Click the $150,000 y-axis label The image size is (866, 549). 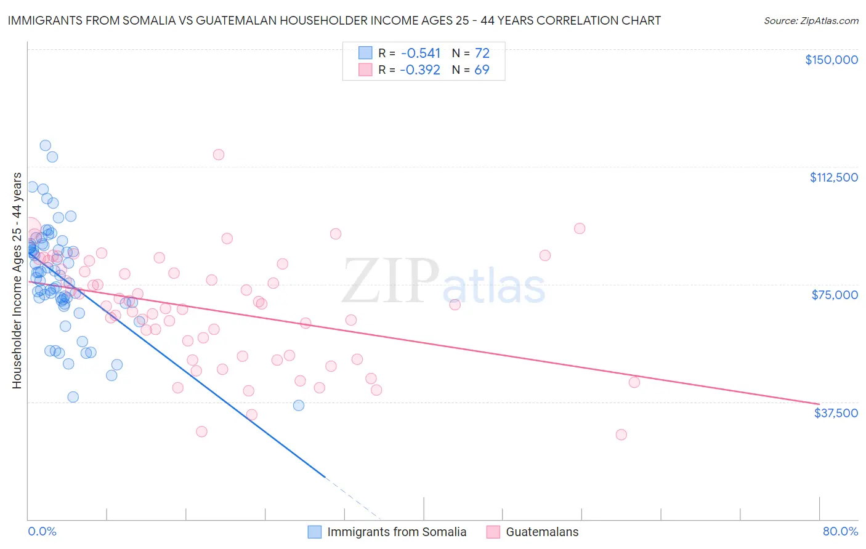pyautogui.click(x=831, y=60)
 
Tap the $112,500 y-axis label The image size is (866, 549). pyautogui.click(x=833, y=177)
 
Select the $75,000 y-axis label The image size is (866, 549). pyautogui.click(x=835, y=295)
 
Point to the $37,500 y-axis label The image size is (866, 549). pyautogui.click(x=836, y=413)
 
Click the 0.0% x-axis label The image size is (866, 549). pyautogui.click(x=42, y=531)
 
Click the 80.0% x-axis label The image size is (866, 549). pyautogui.click(x=840, y=531)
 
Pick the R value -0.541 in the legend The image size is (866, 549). pyautogui.click(x=420, y=54)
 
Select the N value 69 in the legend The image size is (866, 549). pyautogui.click(x=482, y=70)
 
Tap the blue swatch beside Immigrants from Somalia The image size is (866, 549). pyautogui.click(x=315, y=532)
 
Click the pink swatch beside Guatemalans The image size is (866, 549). pyautogui.click(x=493, y=532)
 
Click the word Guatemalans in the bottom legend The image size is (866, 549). pyautogui.click(x=542, y=532)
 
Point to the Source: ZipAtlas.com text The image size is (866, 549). pyautogui.click(x=811, y=21)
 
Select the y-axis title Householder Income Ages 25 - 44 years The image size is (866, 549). pyautogui.click(x=17, y=281)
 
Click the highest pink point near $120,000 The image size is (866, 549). pyautogui.click(x=218, y=154)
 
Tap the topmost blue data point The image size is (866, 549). pyautogui.click(x=45, y=146)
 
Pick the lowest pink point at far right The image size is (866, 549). pyautogui.click(x=621, y=435)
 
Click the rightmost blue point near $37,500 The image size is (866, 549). pyautogui.click(x=299, y=405)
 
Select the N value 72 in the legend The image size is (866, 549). pyautogui.click(x=482, y=54)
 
